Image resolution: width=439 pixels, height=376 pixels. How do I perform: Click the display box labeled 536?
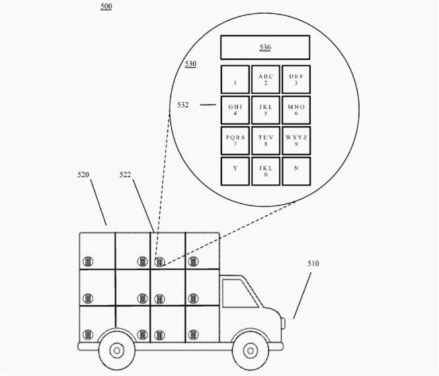point(265,48)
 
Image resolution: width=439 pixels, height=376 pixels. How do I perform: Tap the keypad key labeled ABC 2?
point(266,79)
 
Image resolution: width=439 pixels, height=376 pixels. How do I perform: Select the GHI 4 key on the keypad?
point(235,110)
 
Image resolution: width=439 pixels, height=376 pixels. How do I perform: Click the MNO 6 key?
point(296,110)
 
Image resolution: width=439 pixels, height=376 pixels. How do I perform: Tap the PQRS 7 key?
point(235,141)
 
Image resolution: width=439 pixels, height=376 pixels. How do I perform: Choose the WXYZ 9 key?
point(296,141)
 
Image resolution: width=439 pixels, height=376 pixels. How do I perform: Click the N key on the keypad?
point(296,171)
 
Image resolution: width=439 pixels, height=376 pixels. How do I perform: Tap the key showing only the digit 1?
point(235,79)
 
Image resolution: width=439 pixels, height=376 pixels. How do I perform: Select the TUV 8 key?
point(266,141)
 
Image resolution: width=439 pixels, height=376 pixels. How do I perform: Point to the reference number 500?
point(106,6)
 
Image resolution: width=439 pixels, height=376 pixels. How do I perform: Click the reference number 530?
point(190,64)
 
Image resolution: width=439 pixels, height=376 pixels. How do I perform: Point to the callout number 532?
point(183,105)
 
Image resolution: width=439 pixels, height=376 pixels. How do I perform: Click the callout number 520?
point(83,175)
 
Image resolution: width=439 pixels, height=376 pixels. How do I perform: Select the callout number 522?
point(125,175)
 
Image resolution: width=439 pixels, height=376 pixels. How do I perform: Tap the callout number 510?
point(313,264)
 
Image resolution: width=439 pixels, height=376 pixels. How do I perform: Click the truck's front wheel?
point(251,350)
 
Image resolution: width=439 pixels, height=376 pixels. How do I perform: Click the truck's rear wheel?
point(117,350)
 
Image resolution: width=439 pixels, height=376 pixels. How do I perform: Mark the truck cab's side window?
point(240,293)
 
